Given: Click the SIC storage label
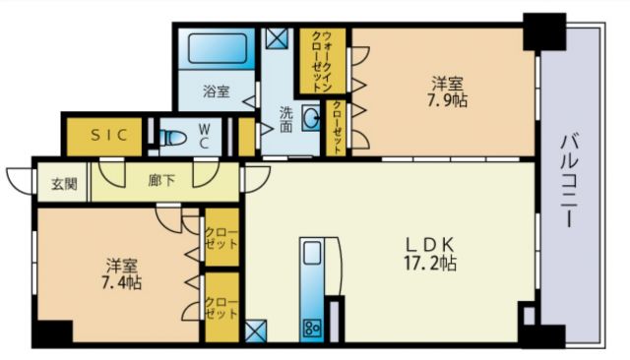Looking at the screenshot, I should coord(108,136).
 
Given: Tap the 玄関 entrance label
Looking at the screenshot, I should coord(50,182).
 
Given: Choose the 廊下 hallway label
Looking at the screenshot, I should coord(161,181).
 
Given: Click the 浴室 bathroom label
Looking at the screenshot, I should coord(216,91).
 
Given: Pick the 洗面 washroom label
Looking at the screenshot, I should coord(286,118).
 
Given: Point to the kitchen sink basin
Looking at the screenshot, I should coord(312,254).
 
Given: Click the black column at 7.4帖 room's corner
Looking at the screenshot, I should coord(51,330).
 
